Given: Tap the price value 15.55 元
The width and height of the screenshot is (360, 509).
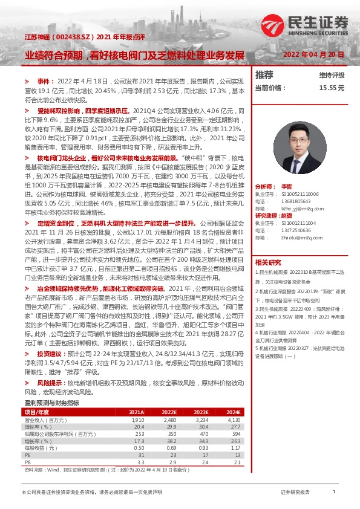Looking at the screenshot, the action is pos(332,88).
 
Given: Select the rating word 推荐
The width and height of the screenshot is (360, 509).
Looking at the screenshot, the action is pos(264,75).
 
